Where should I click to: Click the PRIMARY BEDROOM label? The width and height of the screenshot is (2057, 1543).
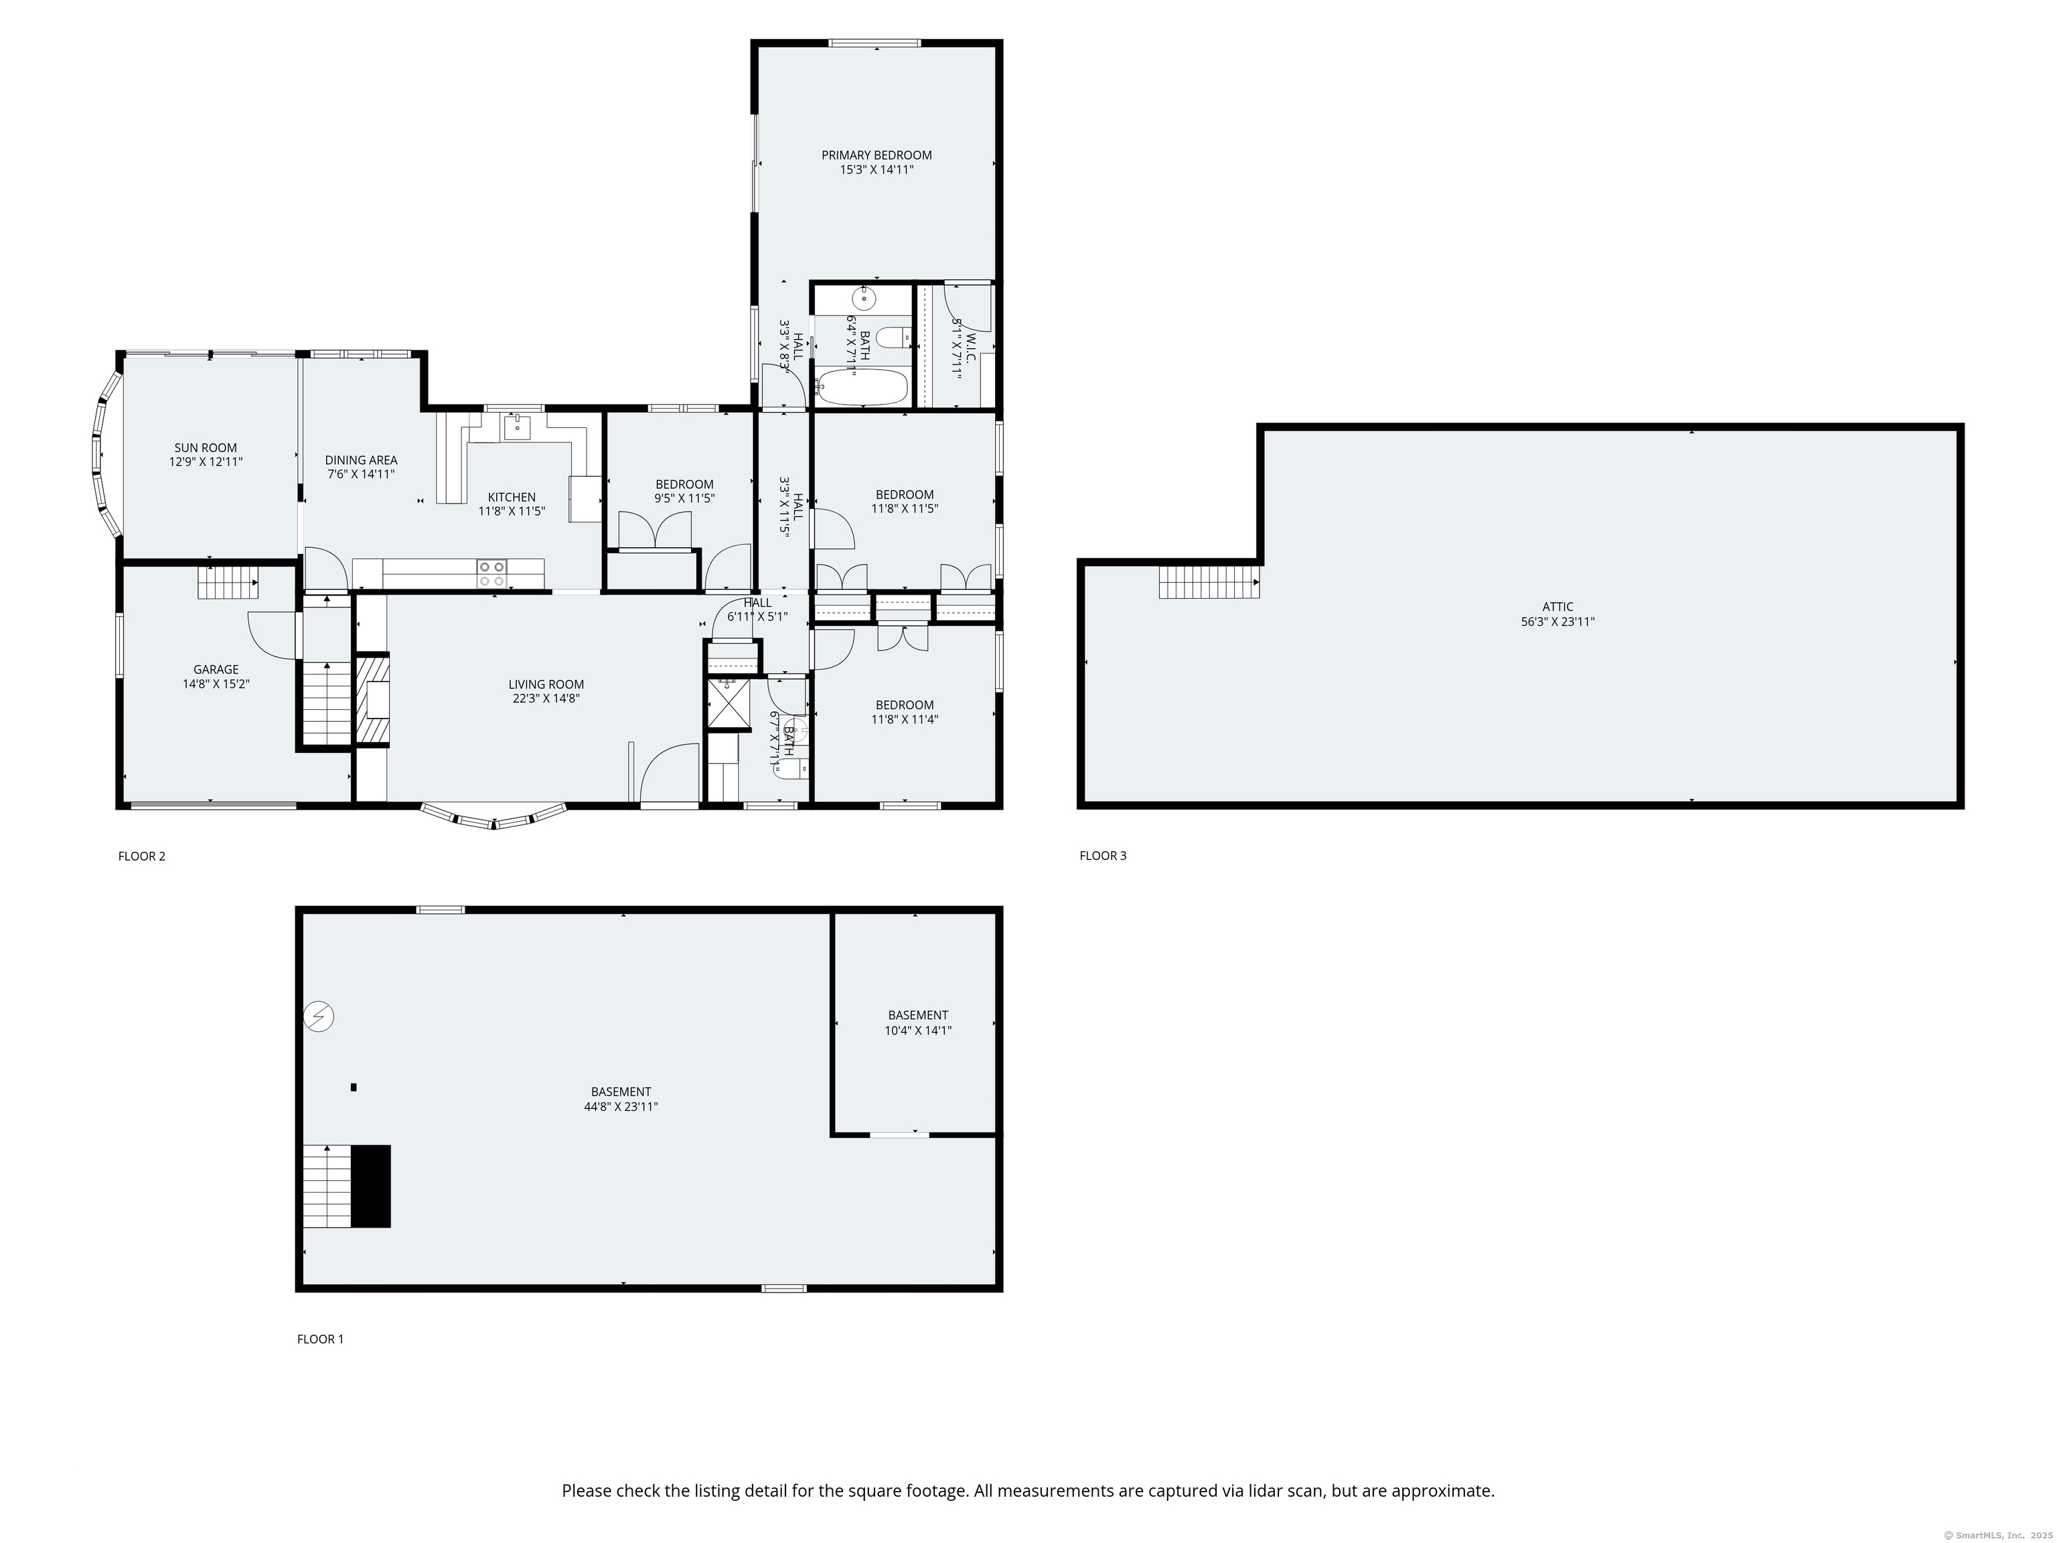[x=876, y=155]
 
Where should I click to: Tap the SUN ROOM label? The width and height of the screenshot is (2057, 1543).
[x=206, y=447]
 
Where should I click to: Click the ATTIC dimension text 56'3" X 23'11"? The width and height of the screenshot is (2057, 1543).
[x=1557, y=622]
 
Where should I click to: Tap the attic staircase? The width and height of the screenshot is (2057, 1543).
[x=1208, y=582]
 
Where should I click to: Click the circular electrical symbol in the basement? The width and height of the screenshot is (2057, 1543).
[x=319, y=1017]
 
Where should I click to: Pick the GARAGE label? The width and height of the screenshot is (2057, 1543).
[x=216, y=670]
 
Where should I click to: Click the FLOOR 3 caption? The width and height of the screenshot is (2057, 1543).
[x=1103, y=856]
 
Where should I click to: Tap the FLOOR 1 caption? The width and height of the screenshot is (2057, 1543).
[x=320, y=1339]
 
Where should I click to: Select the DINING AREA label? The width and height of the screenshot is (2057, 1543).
[x=361, y=460]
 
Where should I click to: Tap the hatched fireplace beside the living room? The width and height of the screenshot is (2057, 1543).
[x=374, y=701]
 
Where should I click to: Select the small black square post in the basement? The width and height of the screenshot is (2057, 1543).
[x=354, y=1087]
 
